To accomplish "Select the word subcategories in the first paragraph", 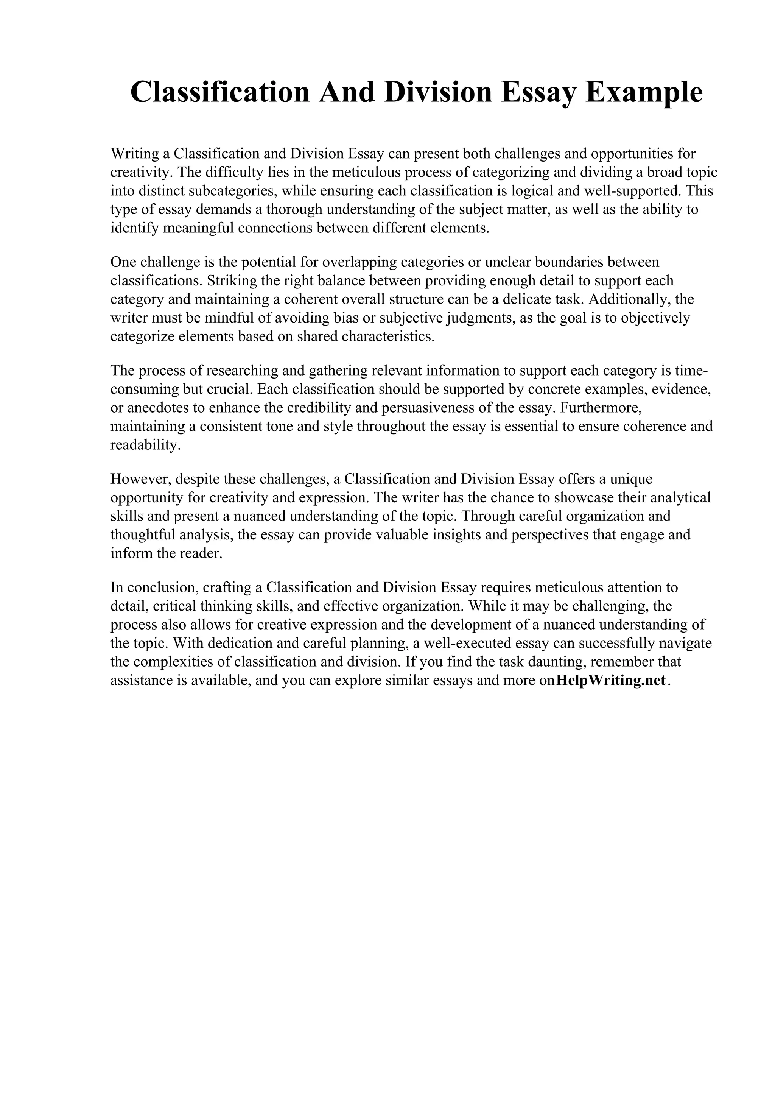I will point(232,191).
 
